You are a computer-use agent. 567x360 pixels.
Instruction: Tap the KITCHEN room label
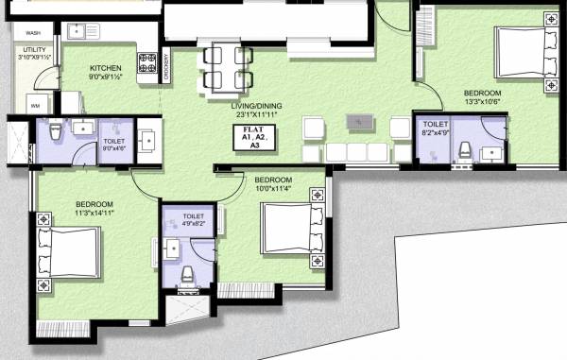click(x=106, y=69)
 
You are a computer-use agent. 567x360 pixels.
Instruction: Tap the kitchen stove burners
click(x=148, y=63)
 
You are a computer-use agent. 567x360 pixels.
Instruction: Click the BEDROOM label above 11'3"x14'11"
click(x=94, y=205)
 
